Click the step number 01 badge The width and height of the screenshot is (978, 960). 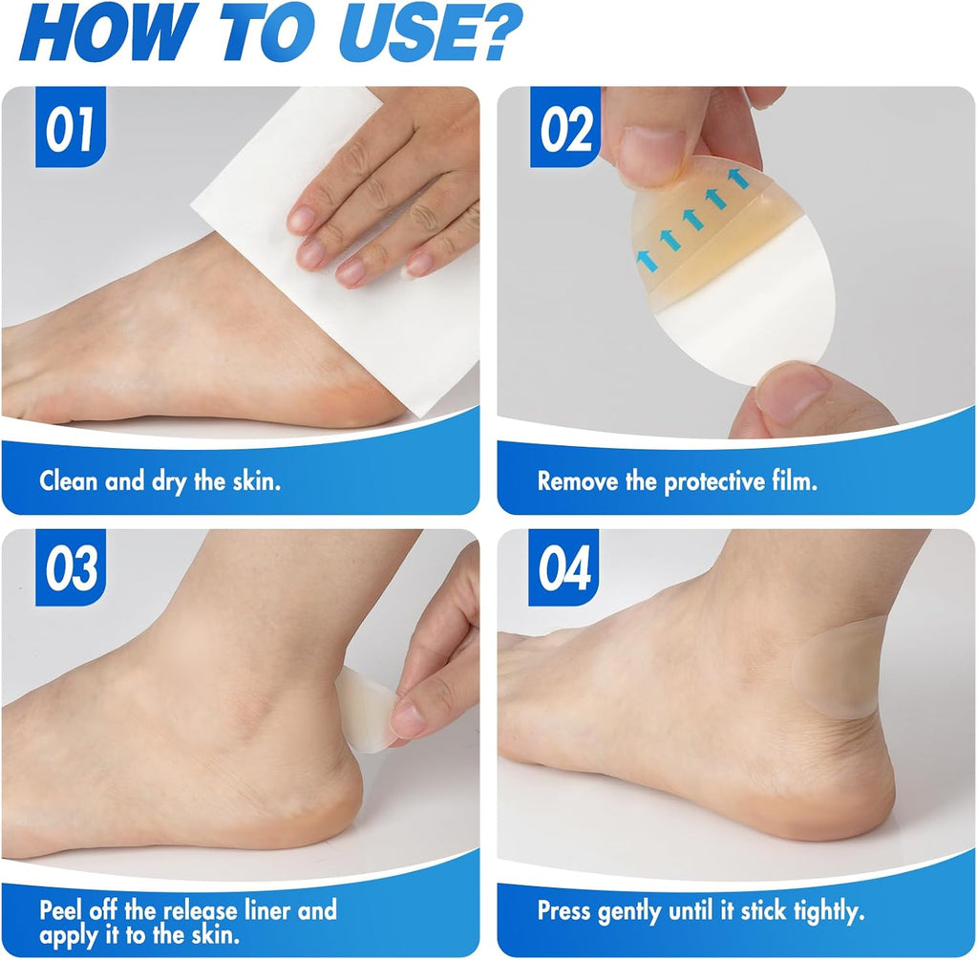(71, 127)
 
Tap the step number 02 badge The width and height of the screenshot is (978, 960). (565, 127)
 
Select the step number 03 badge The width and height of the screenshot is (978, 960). (71, 567)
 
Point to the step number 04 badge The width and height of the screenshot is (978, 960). (563, 567)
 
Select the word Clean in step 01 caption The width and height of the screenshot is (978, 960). (69, 480)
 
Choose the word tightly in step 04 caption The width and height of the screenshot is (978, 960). (829, 912)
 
